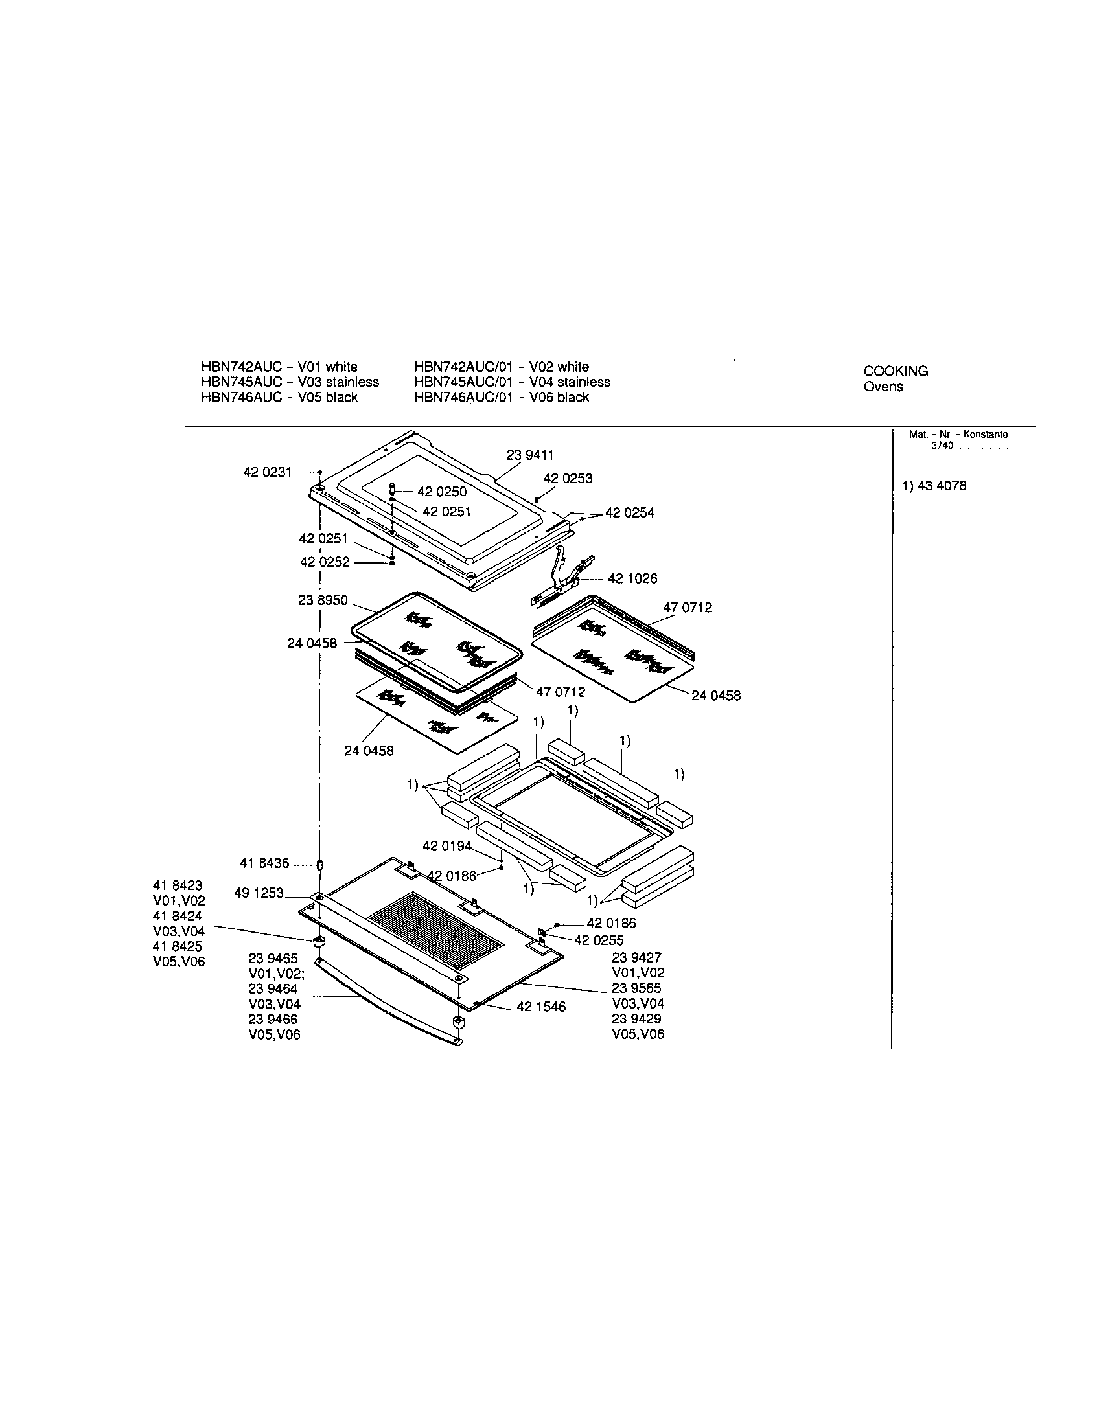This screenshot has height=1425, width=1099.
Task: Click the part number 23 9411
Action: (x=530, y=455)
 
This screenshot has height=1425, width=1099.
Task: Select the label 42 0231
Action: (x=268, y=472)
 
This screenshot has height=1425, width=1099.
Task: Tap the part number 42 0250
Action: (x=442, y=492)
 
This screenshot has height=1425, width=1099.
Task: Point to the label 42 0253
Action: (x=568, y=479)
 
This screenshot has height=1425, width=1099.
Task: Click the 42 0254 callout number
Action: (x=630, y=513)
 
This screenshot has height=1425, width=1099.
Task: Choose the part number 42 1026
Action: (x=632, y=578)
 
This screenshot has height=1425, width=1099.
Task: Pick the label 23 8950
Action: (x=323, y=600)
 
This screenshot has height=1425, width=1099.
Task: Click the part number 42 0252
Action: (x=325, y=562)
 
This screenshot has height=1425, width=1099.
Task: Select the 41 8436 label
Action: (x=264, y=863)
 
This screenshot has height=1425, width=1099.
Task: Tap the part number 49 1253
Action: (x=259, y=893)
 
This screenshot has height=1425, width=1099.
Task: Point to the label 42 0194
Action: (x=447, y=847)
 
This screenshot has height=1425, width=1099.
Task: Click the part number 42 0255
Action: (x=599, y=940)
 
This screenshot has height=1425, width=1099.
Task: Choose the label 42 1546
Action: (x=541, y=1007)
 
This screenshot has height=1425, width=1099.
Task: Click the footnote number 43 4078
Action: (x=942, y=486)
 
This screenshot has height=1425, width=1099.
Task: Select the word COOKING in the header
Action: (x=896, y=371)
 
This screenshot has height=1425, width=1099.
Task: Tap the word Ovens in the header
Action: (x=884, y=387)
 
